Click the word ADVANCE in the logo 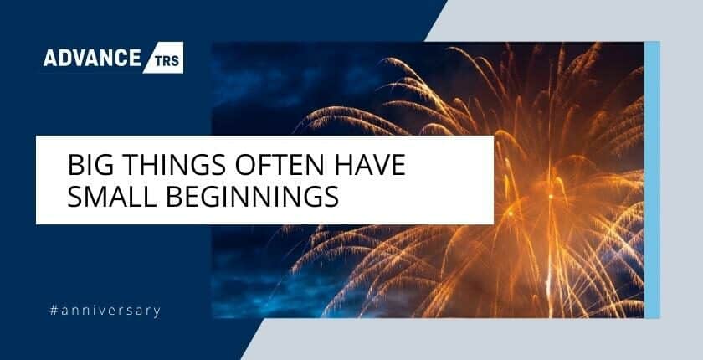click(x=92, y=58)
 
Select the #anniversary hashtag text click(x=105, y=311)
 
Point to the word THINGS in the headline click(x=174, y=165)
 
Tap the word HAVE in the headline click(x=370, y=165)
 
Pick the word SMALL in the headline click(x=112, y=197)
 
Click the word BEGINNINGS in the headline click(x=253, y=197)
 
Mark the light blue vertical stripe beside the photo click(x=652, y=180)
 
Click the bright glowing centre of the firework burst click(x=551, y=197)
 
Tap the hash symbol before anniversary click(x=54, y=311)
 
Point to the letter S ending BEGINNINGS click(x=331, y=197)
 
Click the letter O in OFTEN click(x=246, y=165)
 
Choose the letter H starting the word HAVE click(x=343, y=165)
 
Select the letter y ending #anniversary click(x=157, y=312)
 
